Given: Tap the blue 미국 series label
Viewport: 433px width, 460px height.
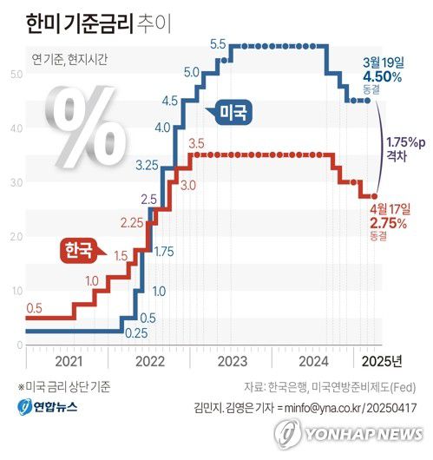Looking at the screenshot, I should click(x=232, y=111).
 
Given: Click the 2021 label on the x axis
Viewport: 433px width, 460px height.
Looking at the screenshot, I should click(x=67, y=361).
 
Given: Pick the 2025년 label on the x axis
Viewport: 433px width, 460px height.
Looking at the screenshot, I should click(x=382, y=361).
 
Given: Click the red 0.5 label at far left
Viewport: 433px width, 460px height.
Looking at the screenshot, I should click(x=35, y=308).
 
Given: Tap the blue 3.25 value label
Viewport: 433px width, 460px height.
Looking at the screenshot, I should click(x=147, y=164).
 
